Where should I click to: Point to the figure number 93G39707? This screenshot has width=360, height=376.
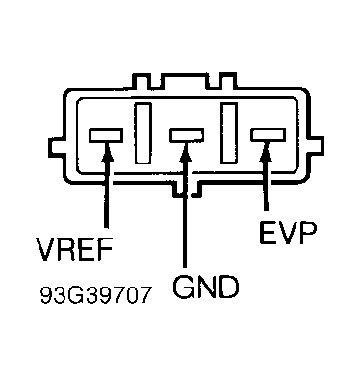tap(96, 292)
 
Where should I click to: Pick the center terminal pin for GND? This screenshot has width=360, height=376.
tap(184, 137)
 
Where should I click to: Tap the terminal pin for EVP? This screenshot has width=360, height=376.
tap(266, 137)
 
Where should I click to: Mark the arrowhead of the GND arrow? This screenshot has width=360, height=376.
tap(184, 155)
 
